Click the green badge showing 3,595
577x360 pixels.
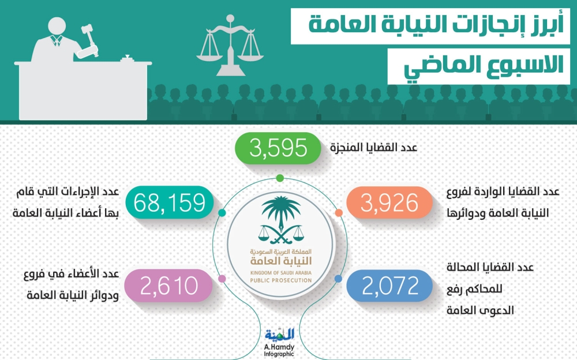[278, 148]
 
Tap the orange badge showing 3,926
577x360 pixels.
[389, 202]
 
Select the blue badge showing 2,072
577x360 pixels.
[389, 286]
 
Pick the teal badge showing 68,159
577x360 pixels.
[170, 202]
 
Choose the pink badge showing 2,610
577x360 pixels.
[168, 286]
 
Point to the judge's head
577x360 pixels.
[57, 27]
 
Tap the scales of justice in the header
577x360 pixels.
[230, 45]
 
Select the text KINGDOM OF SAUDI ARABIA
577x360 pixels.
[281, 273]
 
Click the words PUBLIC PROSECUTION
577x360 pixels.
[281, 280]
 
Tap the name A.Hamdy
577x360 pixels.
[279, 347]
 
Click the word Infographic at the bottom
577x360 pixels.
[279, 354]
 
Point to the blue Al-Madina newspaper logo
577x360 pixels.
[280, 334]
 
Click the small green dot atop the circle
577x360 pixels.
[280, 178]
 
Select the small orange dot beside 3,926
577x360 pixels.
[339, 213]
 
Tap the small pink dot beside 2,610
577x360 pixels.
[222, 279]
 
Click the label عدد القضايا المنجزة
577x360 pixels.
[373, 148]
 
